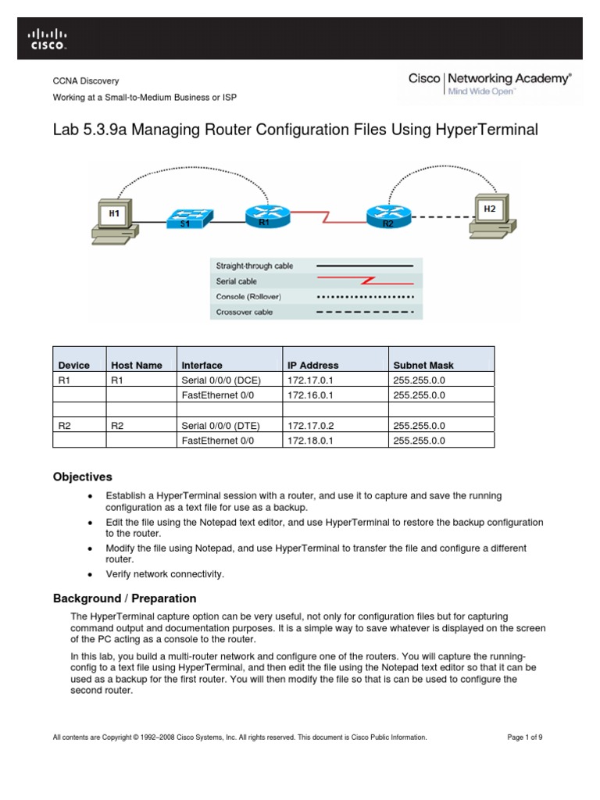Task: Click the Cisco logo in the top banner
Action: point(48,39)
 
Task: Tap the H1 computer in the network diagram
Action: point(114,219)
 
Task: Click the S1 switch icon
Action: point(185,220)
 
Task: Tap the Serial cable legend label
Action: point(236,281)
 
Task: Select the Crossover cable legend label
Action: point(244,312)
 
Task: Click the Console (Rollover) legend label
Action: point(248,297)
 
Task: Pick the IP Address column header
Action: point(312,365)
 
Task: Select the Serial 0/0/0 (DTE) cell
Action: point(220,426)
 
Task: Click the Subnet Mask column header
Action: point(423,365)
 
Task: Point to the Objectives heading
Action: point(82,477)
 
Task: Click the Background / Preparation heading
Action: point(124,598)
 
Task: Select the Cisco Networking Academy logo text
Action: point(490,80)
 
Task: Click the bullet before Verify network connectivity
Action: point(93,574)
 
